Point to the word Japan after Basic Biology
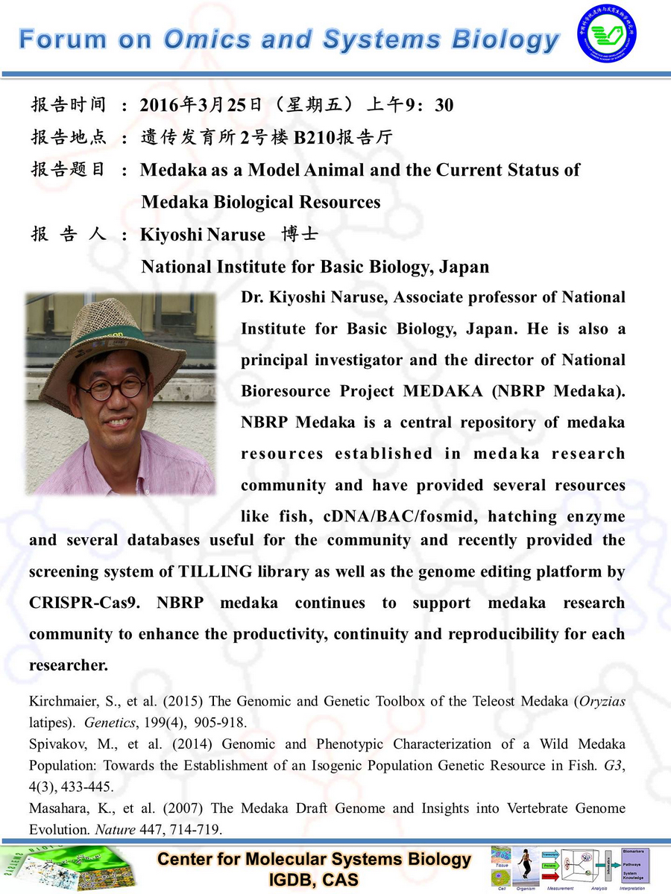(x=464, y=266)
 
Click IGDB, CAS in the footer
(x=314, y=880)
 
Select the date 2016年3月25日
(x=193, y=106)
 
